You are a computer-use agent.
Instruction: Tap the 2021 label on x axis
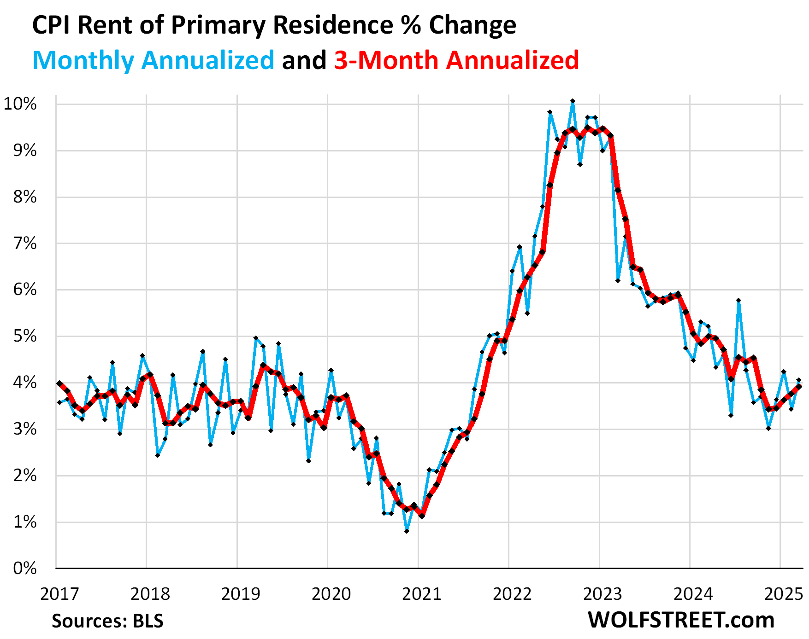421,594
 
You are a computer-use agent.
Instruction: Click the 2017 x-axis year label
59,594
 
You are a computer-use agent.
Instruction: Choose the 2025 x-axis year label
784,594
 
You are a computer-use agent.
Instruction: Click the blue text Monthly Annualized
153,60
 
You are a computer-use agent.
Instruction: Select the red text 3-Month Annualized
456,60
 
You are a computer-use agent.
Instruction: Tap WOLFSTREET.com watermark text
681,620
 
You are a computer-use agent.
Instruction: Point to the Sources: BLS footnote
107,621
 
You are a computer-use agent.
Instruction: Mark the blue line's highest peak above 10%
573,101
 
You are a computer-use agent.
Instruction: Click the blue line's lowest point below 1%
407,531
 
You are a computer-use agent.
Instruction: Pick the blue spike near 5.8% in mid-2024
738,300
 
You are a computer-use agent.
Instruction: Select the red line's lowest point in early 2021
422,516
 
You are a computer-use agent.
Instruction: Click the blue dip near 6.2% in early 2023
618,280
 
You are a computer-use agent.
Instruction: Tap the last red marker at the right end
799,387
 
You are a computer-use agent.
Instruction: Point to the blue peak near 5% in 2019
256,338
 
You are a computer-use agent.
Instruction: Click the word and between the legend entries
304,60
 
